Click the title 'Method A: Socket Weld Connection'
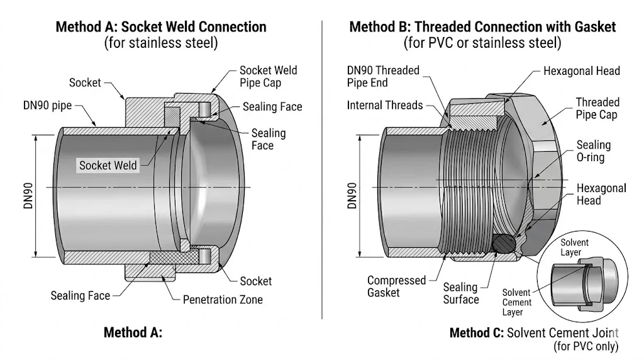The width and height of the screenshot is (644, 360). pyautogui.click(x=161, y=27)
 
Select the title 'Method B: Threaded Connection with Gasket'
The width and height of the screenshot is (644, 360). pyautogui.click(x=482, y=27)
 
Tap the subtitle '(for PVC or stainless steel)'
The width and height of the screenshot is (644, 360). pyautogui.click(x=482, y=43)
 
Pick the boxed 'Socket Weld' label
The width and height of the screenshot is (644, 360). pyautogui.click(x=108, y=166)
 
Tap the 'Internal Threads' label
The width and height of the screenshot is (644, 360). pyautogui.click(x=385, y=105)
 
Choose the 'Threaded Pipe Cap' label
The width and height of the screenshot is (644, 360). pyautogui.click(x=597, y=108)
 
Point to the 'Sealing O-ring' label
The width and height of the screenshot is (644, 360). pyautogui.click(x=594, y=151)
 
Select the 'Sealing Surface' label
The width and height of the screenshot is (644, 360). pyautogui.click(x=460, y=293)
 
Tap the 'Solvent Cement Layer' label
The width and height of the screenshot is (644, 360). pyautogui.click(x=516, y=303)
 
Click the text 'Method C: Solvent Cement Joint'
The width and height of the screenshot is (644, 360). pyautogui.click(x=534, y=333)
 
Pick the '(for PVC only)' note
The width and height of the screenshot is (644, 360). pyautogui.click(x=586, y=346)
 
